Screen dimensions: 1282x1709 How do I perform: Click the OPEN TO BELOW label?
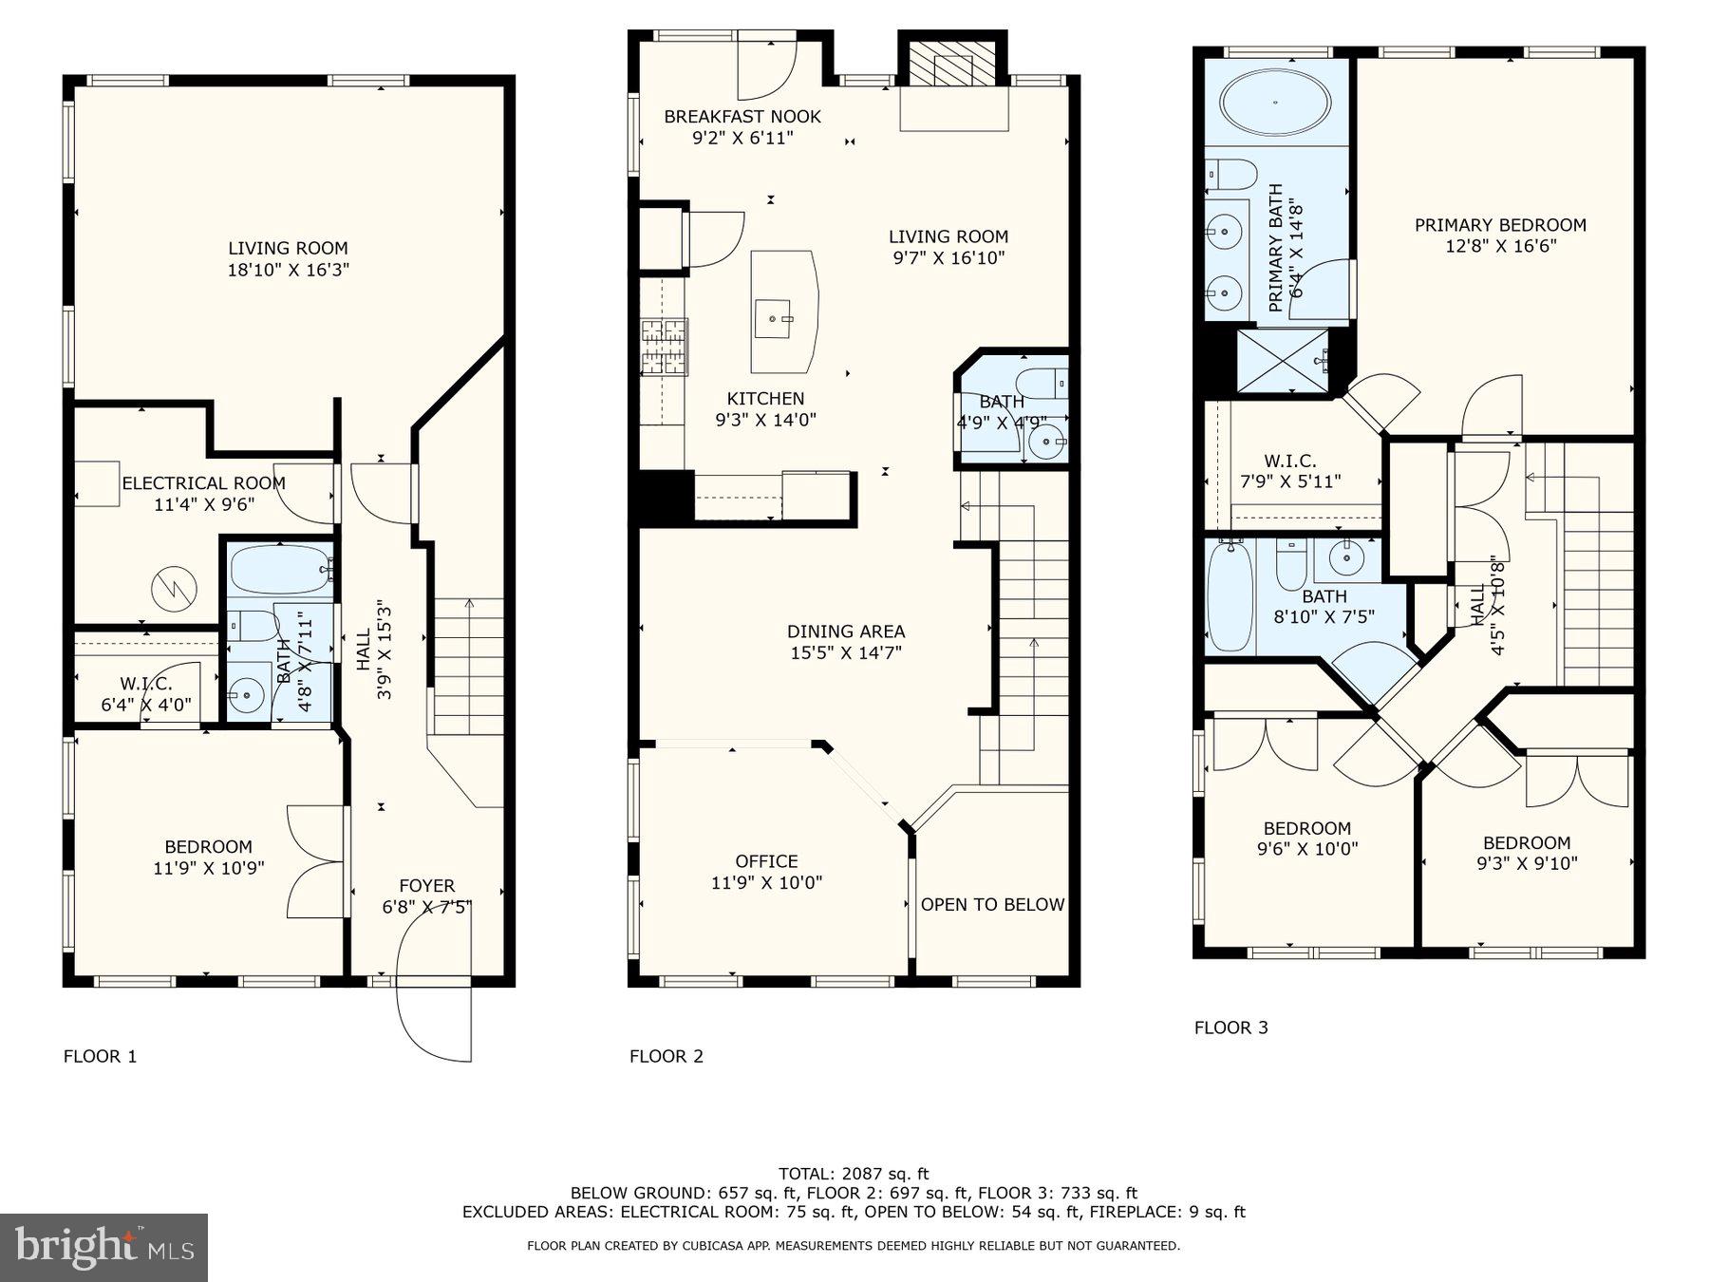coord(992,904)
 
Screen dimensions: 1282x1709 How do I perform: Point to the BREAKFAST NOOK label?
coord(742,117)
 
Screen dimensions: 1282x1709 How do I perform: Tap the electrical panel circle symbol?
coord(174,588)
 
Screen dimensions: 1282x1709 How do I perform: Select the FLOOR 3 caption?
coord(1230,1027)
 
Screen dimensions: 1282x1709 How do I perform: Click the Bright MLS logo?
coord(103,1247)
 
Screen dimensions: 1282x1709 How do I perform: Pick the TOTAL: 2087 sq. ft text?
coord(854,1174)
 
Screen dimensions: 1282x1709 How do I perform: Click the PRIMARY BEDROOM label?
coord(1500,225)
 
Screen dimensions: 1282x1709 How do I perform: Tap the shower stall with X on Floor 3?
coord(1282,361)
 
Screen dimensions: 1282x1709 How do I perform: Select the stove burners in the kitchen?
coord(664,347)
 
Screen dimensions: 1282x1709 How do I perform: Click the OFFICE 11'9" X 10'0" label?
coord(766,872)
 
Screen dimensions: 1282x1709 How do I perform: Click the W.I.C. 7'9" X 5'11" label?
coord(1290,471)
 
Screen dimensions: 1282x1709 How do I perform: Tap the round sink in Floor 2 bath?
coord(1046,442)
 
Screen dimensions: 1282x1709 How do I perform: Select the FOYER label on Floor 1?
coord(426,885)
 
